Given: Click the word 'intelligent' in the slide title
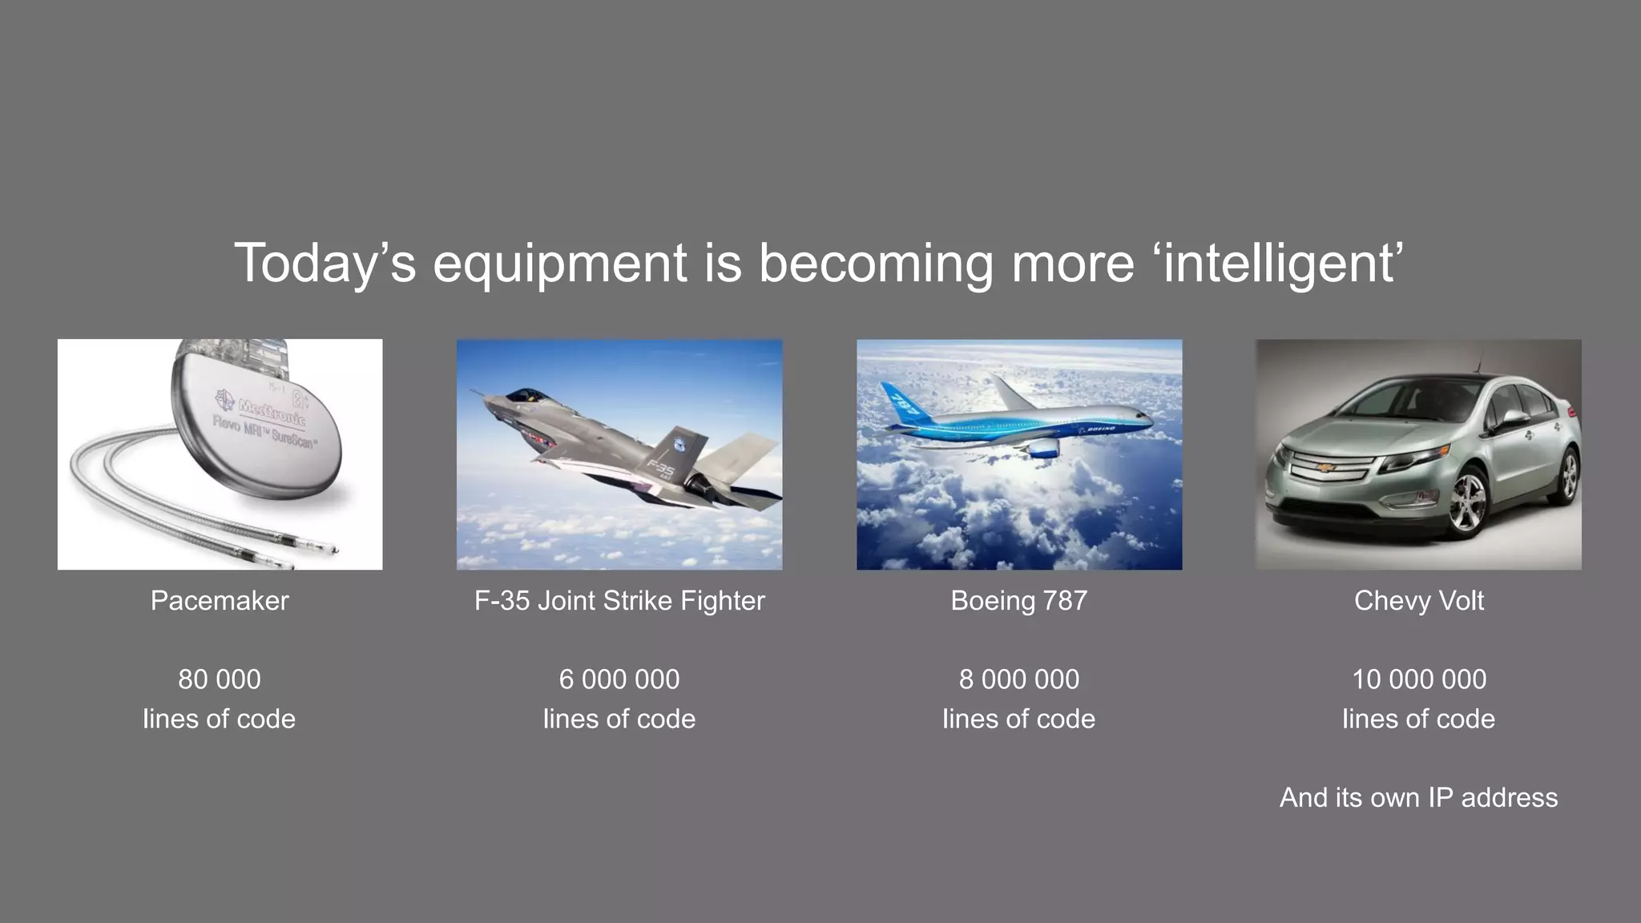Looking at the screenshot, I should pyautogui.click(x=1279, y=263).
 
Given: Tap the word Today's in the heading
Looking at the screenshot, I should pyautogui.click(x=325, y=263).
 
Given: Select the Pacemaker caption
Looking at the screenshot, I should pyautogui.click(x=220, y=600).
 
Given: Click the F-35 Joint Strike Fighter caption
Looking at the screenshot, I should pyautogui.click(x=619, y=600).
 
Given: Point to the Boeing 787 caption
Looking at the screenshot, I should pyautogui.click(x=1018, y=600).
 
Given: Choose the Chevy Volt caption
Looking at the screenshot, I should pyautogui.click(x=1418, y=600).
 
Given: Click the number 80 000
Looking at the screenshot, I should pyautogui.click(x=220, y=679).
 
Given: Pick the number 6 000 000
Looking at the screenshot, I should pyautogui.click(x=619, y=679).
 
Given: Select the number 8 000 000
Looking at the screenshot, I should pyautogui.click(x=1018, y=679).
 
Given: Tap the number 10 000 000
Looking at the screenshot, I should pyautogui.click(x=1418, y=679).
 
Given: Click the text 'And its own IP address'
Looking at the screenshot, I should pyautogui.click(x=1418, y=797).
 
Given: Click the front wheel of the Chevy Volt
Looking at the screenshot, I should pyautogui.click(x=1466, y=503).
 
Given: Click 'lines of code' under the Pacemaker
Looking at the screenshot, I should pyautogui.click(x=220, y=719).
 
